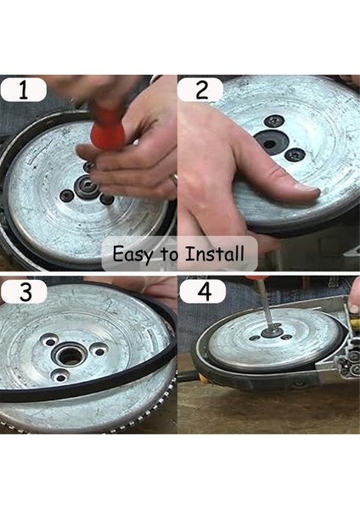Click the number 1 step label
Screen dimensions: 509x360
point(24,90)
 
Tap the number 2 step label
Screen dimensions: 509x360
point(200,90)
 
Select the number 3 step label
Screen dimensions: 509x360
point(24,292)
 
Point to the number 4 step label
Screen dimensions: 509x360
point(202,292)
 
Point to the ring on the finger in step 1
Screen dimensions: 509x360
point(173,179)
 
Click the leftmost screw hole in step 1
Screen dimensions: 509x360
point(66,196)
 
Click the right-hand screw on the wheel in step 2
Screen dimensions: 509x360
point(296,154)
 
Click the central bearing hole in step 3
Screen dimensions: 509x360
point(72,355)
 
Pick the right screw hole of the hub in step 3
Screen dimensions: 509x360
point(100,350)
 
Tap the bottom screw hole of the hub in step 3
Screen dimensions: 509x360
point(59,375)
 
